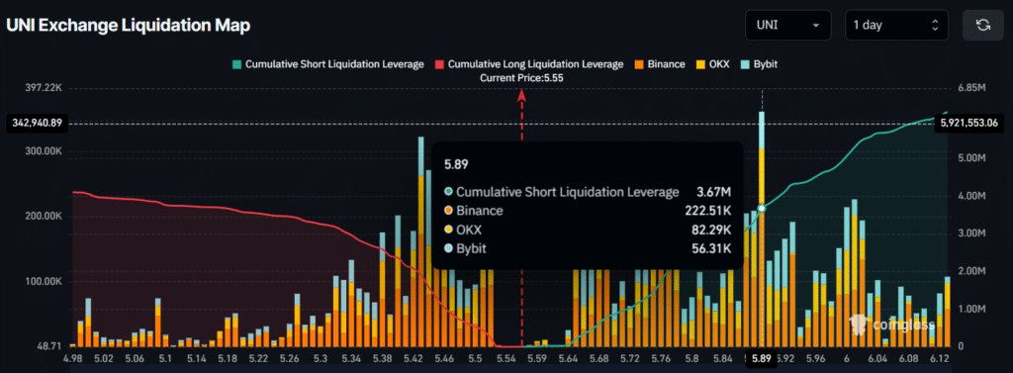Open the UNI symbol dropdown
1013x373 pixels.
click(x=788, y=25)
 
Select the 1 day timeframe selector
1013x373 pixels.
click(x=895, y=25)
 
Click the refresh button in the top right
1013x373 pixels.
click(x=982, y=25)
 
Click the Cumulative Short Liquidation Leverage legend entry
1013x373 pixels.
click(x=326, y=63)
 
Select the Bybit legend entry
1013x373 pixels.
click(x=763, y=63)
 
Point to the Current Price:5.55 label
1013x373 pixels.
click(x=521, y=77)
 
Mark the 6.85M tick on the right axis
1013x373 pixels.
click(x=971, y=88)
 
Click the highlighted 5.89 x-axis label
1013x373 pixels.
click(x=761, y=358)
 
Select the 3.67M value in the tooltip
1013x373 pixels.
click(x=711, y=191)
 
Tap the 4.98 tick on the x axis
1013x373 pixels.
click(x=73, y=358)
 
